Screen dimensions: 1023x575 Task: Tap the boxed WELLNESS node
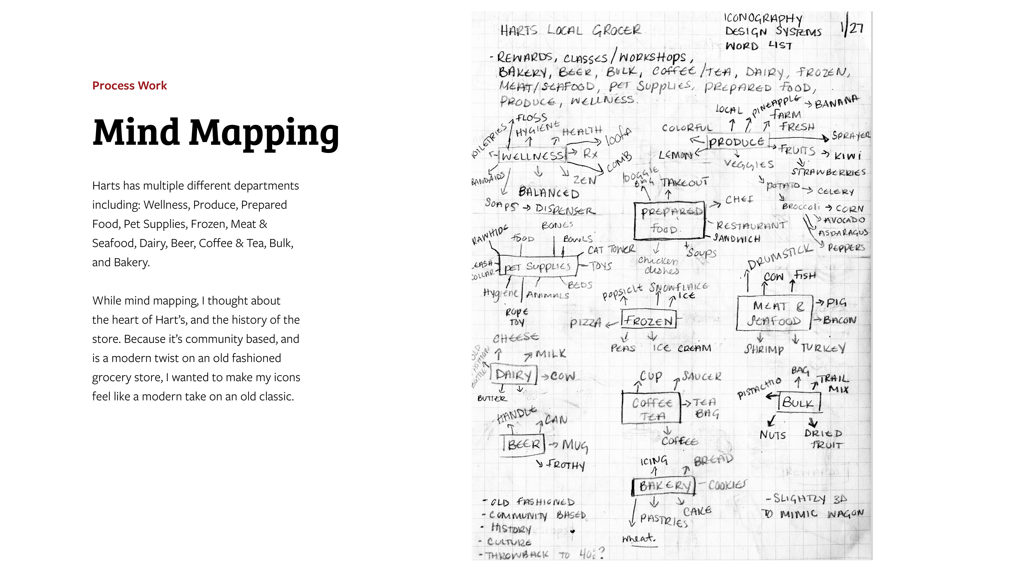[x=532, y=155]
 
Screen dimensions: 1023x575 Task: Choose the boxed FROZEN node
[x=648, y=320]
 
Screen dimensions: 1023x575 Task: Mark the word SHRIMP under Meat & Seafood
[x=764, y=349]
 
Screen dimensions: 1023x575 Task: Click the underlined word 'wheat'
[x=639, y=539]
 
